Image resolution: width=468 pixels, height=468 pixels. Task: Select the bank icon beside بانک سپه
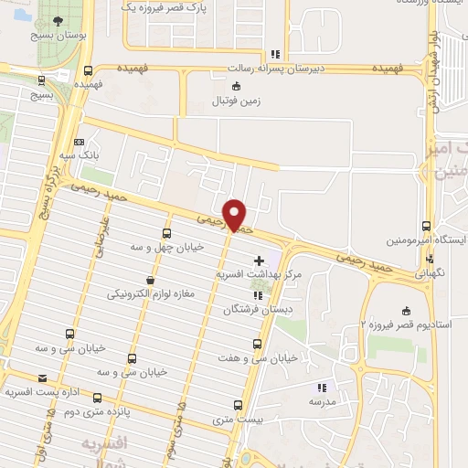[80, 143]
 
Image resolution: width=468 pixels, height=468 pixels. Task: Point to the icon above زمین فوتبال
[237, 87]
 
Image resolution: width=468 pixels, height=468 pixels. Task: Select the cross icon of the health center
[259, 261]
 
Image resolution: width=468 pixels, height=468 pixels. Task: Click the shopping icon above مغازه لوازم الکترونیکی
[150, 280]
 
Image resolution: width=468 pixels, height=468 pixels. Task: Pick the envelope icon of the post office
[41, 378]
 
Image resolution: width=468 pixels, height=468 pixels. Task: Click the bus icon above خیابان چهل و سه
[165, 232]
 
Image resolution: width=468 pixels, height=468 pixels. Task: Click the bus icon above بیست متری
[236, 405]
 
